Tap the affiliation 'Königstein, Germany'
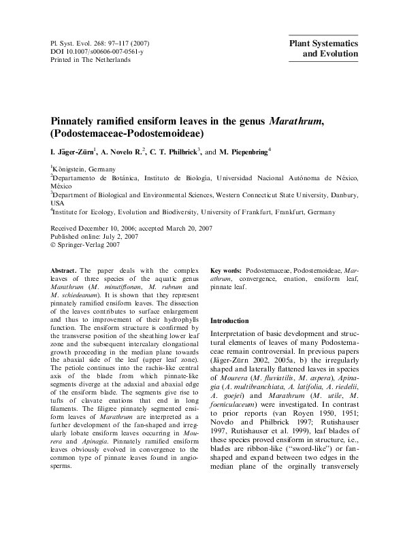click(84, 169)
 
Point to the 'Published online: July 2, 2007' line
click(95, 236)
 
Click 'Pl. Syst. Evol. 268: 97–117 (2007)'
click(101, 43)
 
